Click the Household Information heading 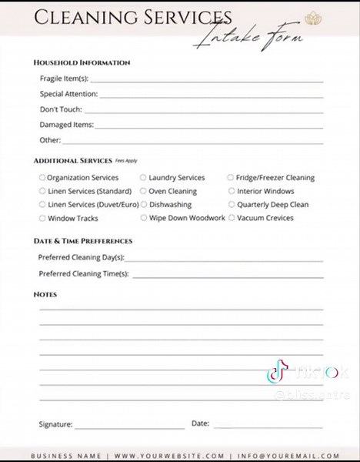coord(82,62)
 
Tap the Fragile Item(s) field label coord(64,79)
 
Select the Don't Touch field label coord(61,109)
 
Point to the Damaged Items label coord(66,125)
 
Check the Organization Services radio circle coord(42,178)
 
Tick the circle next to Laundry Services coord(143,178)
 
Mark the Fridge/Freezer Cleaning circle coord(231,178)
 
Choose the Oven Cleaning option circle coord(143,191)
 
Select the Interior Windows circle coord(231,191)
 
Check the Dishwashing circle coord(143,205)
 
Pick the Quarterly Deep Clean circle coord(231,205)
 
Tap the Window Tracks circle coord(42,219)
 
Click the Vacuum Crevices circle coord(231,219)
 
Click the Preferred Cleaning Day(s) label coord(81,258)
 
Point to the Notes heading coord(45,295)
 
